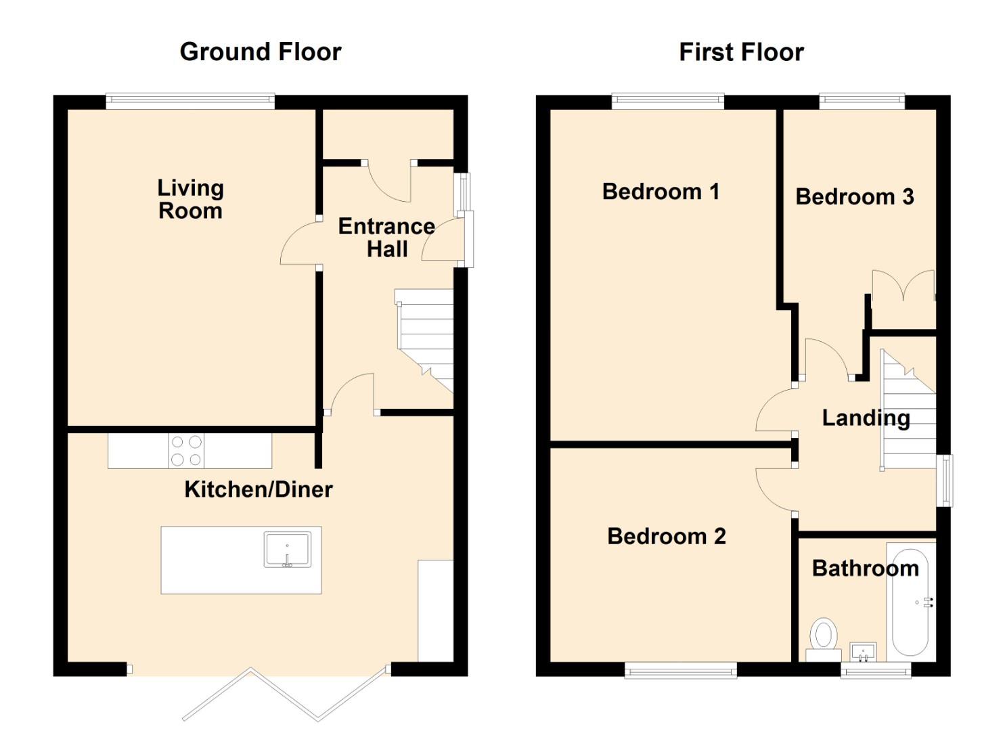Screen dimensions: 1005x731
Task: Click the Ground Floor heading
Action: tap(261, 52)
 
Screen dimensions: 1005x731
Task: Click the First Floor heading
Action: tap(741, 52)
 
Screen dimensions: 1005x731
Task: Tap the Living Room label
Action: tap(190, 199)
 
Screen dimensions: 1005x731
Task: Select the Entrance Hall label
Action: tap(386, 238)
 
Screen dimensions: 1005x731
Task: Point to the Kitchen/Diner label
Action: tap(259, 489)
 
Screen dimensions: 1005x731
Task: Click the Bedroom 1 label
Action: tap(661, 192)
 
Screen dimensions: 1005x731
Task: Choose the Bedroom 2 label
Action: tap(666, 536)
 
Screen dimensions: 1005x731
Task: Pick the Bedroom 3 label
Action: tap(854, 196)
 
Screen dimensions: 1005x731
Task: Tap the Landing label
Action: tap(866, 418)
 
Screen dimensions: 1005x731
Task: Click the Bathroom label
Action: tap(866, 569)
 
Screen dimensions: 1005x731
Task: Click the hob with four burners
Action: tap(186, 451)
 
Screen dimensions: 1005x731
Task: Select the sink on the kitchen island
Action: tap(287, 550)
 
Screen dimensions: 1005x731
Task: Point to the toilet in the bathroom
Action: tap(824, 640)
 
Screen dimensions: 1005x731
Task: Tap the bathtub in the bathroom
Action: tap(910, 602)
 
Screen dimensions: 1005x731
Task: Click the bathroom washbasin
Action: tap(864, 652)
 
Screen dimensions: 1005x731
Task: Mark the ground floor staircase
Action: tap(424, 341)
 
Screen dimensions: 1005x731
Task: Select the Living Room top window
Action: tap(190, 101)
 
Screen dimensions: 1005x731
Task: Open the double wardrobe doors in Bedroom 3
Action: tap(903, 286)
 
